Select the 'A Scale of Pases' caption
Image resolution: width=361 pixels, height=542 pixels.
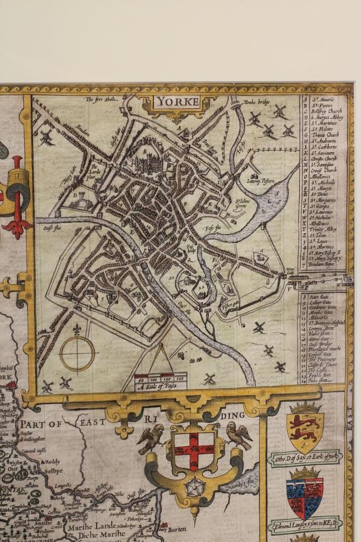160,386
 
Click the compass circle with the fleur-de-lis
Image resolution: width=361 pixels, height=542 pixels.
77,353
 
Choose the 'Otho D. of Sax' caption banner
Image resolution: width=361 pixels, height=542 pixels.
305,456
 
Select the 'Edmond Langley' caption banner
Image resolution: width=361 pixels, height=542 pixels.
305,524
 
